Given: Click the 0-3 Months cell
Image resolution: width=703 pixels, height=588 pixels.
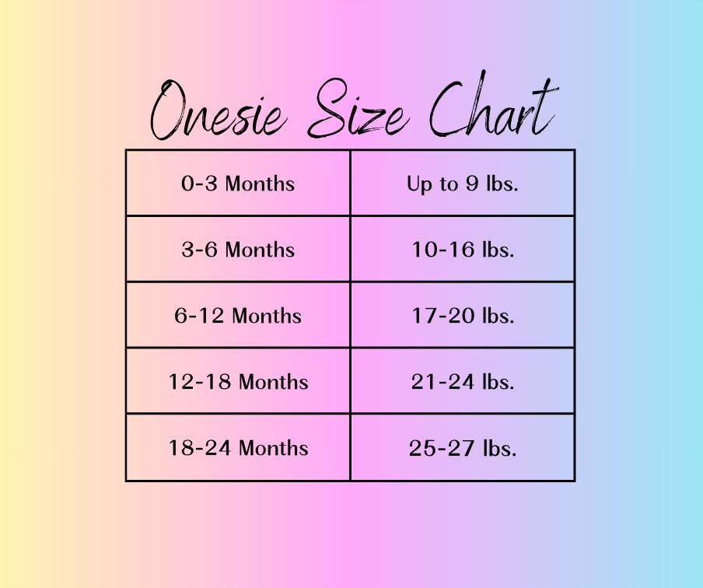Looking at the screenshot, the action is [x=238, y=183].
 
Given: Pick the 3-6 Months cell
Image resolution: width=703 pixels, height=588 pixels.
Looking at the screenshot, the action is [x=238, y=249].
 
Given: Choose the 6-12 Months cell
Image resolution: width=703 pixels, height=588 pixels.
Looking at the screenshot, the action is [x=238, y=315].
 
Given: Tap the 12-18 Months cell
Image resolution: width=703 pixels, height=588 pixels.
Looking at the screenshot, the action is [x=238, y=381].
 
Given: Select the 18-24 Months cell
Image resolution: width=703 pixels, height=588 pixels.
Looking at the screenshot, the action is [x=238, y=448].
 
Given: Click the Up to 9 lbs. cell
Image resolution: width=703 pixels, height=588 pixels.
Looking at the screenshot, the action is [x=463, y=183].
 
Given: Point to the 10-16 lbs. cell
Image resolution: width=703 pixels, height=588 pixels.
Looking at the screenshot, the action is [x=463, y=249].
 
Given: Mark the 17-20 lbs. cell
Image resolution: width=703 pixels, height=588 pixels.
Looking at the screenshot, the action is [x=463, y=315].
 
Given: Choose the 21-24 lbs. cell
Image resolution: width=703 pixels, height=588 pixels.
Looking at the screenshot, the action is [x=463, y=381].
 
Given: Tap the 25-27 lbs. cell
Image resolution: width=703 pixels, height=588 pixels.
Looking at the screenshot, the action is [x=463, y=448].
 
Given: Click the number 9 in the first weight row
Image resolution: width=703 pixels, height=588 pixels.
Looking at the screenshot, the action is [x=472, y=184].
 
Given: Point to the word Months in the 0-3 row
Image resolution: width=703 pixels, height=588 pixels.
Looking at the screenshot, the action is [x=260, y=184].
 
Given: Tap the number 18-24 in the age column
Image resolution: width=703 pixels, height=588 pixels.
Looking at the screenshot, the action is [x=200, y=448].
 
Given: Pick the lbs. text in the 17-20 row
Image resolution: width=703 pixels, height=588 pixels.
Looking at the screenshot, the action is [x=498, y=315].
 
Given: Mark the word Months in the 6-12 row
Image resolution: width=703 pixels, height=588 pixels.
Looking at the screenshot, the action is [x=267, y=315].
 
